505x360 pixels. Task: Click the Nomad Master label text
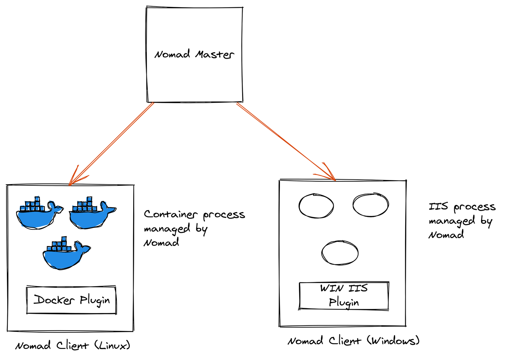click(x=194, y=54)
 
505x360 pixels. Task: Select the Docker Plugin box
click(x=71, y=300)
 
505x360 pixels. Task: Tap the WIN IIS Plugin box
click(x=344, y=296)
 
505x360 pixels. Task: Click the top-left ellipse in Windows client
click(x=316, y=206)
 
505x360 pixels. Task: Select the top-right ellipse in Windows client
click(x=371, y=205)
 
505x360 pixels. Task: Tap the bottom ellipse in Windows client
click(x=340, y=253)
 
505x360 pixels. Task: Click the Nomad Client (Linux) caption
click(x=73, y=345)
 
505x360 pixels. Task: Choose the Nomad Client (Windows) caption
click(x=353, y=341)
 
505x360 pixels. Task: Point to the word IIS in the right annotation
click(x=438, y=207)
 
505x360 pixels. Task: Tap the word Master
click(x=215, y=54)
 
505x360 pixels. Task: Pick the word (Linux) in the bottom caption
click(x=112, y=345)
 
